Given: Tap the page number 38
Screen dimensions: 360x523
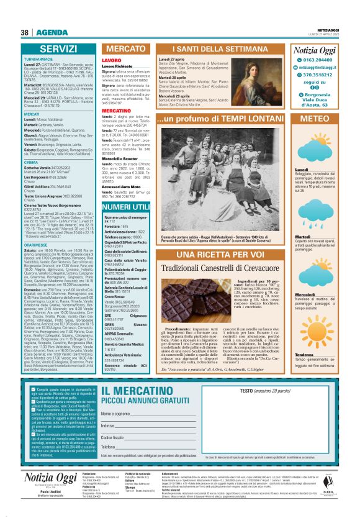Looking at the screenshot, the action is (25, 32).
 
